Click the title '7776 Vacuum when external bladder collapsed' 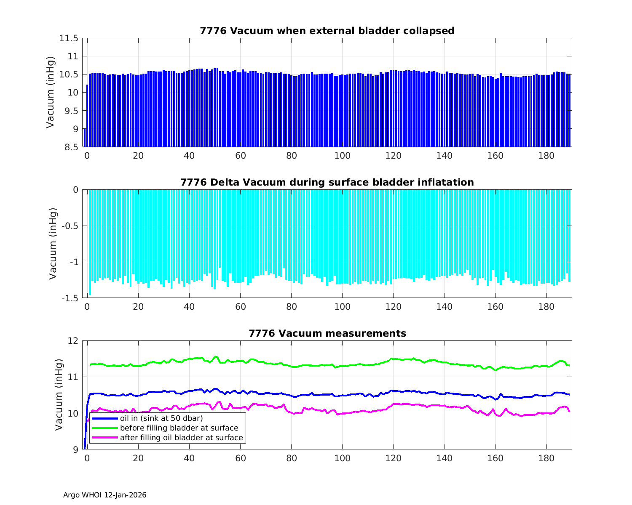(327, 31)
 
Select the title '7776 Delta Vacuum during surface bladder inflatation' (327, 182)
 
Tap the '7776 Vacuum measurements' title (327, 333)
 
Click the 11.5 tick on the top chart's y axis (69, 38)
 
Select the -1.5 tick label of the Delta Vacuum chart (70, 298)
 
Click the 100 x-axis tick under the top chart (342, 156)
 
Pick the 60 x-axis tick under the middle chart (240, 307)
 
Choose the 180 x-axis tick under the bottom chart (546, 458)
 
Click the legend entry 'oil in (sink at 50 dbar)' (161, 418)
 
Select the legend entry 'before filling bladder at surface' (179, 428)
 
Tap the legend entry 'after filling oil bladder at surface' (181, 438)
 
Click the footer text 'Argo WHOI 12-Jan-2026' (105, 495)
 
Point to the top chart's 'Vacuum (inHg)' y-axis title (51, 92)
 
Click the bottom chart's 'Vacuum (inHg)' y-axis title (59, 395)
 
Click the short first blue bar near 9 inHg (85, 138)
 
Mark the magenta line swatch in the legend (104, 438)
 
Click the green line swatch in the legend (104, 428)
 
